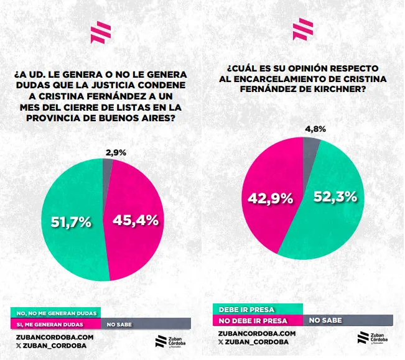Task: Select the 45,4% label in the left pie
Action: (x=135, y=219)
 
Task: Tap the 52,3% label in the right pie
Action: (x=335, y=197)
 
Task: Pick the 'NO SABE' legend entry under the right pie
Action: (x=325, y=320)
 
